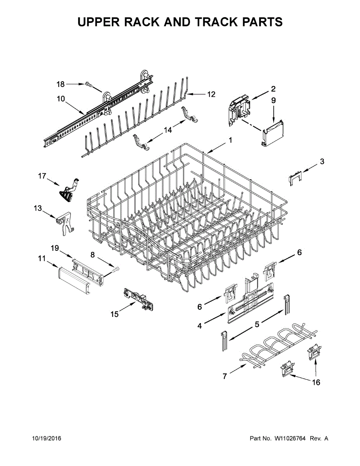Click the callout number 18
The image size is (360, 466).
61,84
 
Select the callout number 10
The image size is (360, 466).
61,99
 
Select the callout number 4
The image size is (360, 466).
199,326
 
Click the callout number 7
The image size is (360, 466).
224,376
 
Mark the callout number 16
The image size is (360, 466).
317,383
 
